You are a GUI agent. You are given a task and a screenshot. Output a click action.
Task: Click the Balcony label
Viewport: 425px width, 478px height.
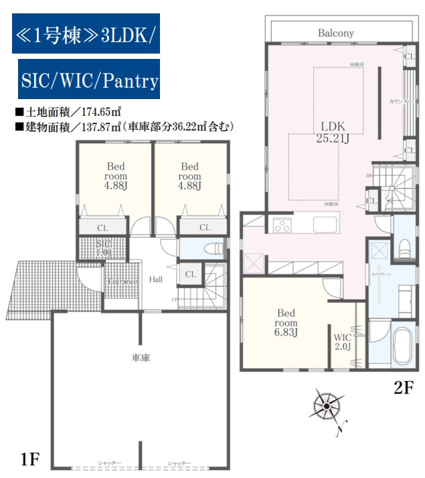click(x=336, y=33)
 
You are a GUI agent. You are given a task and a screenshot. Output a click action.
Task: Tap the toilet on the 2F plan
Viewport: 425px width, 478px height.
click(x=404, y=246)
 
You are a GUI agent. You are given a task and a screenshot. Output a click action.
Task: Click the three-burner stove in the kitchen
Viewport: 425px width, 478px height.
click(x=281, y=225)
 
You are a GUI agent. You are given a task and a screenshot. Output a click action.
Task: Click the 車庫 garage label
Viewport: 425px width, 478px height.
click(x=141, y=357)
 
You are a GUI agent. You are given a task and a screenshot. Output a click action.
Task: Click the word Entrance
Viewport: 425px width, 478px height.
click(x=121, y=281)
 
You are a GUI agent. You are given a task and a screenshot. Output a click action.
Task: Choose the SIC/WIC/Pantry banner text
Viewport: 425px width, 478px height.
click(x=88, y=82)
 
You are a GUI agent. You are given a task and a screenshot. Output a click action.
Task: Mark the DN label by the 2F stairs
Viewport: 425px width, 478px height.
click(x=367, y=176)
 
